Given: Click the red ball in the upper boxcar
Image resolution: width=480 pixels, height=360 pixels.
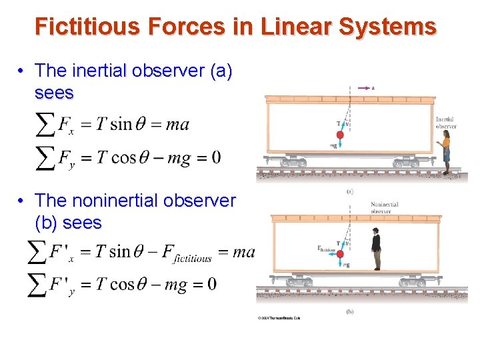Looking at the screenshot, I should point(340,135).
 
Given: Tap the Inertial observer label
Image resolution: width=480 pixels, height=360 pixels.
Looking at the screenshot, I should point(445,123).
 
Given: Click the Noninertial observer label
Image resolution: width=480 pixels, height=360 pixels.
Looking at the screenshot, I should point(384,208).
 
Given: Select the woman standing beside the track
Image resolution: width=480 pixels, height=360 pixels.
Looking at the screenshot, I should point(445,152).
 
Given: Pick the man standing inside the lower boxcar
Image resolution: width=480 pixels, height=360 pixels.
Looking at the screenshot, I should point(376,248).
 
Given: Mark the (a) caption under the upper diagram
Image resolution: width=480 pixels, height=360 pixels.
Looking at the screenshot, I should point(350,191).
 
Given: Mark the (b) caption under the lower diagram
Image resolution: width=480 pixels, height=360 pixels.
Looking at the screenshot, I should point(350,311).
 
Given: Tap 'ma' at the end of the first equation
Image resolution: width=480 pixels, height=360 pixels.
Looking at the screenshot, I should point(177,124).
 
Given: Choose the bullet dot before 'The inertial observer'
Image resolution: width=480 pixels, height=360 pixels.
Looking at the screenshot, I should point(22,71).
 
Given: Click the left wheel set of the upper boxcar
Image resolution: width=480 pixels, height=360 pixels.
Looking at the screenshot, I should point(293,162).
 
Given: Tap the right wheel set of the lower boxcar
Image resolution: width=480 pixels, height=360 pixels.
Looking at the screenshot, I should point(411,281).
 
